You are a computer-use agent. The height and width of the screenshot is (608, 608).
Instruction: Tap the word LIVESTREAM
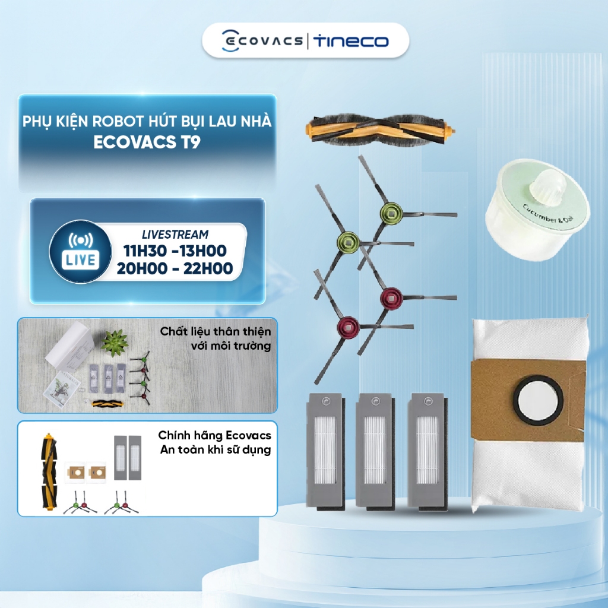click(175, 235)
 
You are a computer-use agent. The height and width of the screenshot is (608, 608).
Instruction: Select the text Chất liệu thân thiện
click(215, 331)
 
